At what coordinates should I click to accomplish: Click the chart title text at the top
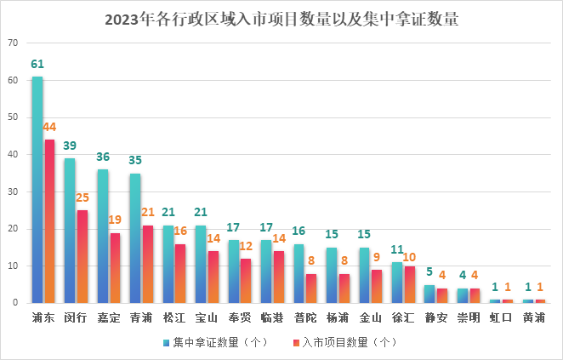coord(281,19)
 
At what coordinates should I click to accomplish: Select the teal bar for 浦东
coord(37,189)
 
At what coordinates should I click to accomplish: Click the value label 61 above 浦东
coord(37,65)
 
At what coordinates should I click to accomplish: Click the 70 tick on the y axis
coord(12,43)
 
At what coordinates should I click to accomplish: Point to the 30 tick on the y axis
coord(12,191)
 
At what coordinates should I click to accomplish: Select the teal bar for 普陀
coord(299,273)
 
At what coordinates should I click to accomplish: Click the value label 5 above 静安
coord(429,273)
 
